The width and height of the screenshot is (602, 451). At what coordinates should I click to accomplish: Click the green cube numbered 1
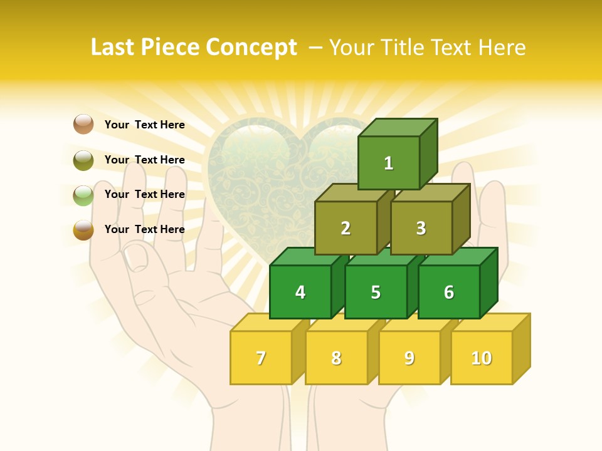pos(389,163)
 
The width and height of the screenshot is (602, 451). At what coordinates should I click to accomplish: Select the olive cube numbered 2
pos(346,228)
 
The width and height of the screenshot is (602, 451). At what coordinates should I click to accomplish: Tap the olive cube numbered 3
pos(421,228)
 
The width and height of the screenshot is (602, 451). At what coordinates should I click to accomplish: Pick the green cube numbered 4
pos(300,292)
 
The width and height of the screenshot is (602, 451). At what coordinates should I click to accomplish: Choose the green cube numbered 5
pos(376,292)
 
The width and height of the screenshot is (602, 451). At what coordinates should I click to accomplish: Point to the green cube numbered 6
pos(449,292)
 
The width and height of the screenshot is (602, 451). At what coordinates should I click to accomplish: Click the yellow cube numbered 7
pos(261,358)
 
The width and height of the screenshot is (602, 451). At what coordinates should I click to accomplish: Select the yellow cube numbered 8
pos(336,358)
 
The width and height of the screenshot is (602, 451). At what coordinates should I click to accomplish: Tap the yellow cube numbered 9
pos(409,358)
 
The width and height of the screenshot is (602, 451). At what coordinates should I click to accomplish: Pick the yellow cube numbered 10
pos(482,358)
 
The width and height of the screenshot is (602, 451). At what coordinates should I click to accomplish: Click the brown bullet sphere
pos(83,124)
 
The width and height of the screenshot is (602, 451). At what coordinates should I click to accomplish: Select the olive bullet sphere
pos(83,160)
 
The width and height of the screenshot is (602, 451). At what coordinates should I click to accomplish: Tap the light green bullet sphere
pos(83,195)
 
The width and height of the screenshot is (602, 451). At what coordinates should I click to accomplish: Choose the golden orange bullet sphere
pos(83,230)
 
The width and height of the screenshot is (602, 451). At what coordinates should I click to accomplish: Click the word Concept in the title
pos(251,48)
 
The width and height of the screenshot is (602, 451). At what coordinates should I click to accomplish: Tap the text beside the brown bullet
pos(145,125)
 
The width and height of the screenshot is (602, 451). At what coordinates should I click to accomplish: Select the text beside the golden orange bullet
pos(145,229)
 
